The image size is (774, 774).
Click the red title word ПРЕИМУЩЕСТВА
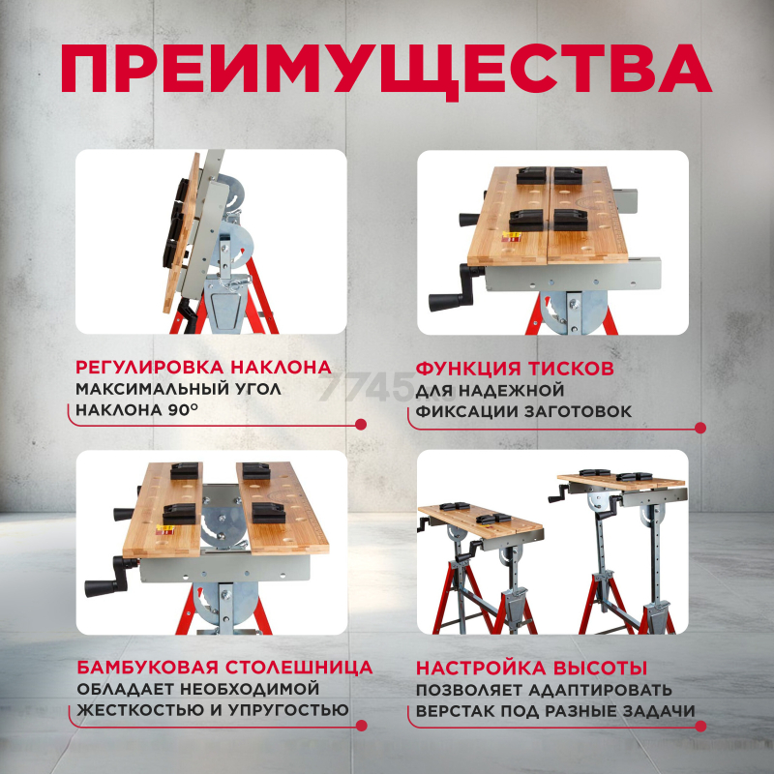click(386, 70)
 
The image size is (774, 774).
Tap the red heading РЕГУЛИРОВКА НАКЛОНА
click(203, 368)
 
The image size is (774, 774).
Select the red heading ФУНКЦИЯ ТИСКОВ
click(515, 369)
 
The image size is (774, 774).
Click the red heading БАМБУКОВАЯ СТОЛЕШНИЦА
click(224, 668)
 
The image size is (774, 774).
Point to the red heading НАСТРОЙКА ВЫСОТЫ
click(531, 669)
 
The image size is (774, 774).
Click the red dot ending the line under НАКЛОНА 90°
click(361, 424)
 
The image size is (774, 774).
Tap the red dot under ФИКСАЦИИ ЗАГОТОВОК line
click(700, 428)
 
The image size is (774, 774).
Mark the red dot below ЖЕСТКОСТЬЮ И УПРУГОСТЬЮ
click(362, 726)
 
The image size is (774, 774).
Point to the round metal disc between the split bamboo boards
click(222, 522)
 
